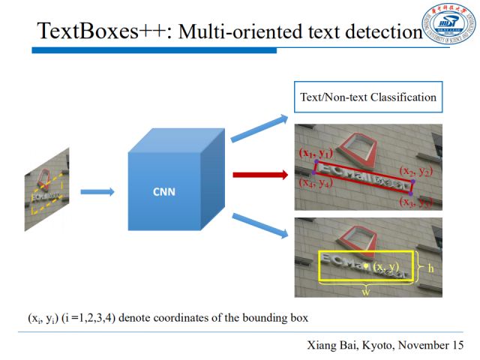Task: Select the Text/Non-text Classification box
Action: pyautogui.click(x=367, y=97)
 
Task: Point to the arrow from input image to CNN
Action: pyautogui.click(x=97, y=192)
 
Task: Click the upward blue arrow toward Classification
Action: pyautogui.click(x=259, y=128)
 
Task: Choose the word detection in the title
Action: pyautogui.click(x=382, y=32)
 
